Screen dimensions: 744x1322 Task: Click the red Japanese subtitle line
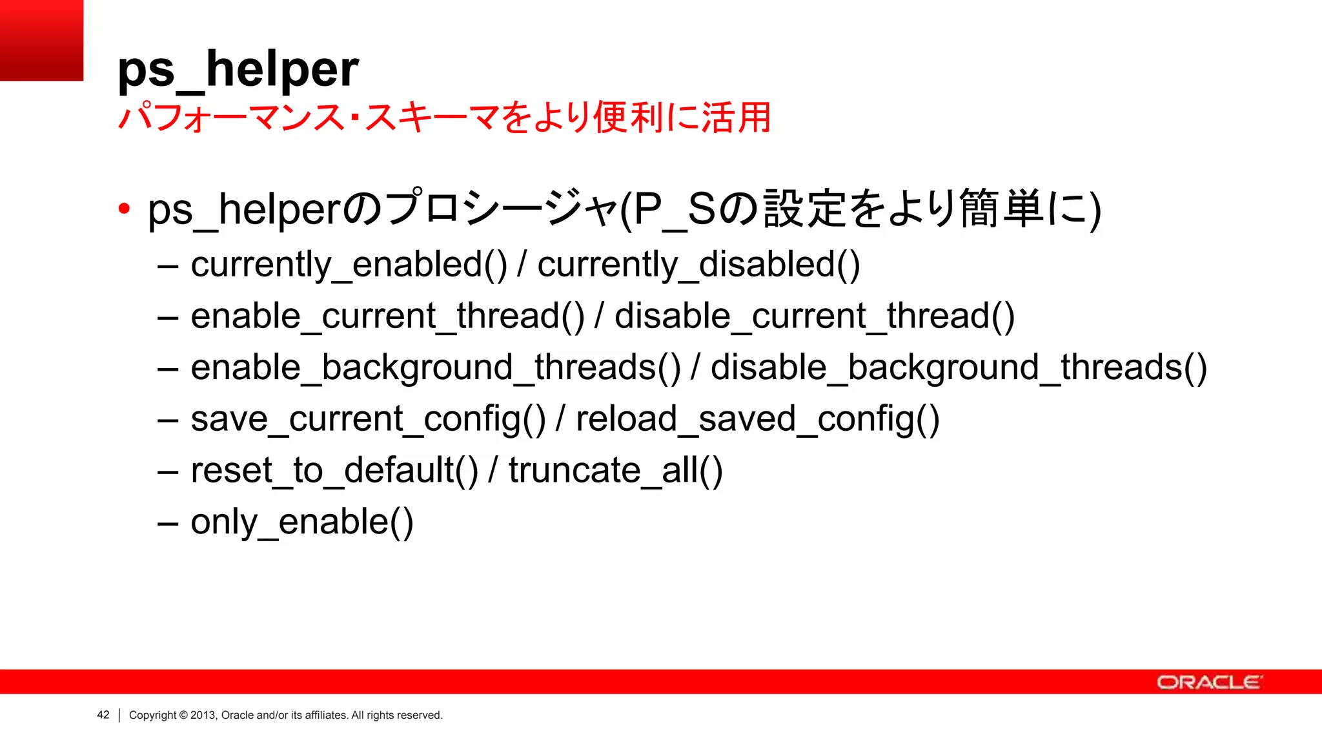[444, 118]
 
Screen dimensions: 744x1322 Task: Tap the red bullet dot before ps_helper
[124, 209]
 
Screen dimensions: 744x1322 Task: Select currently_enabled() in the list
[349, 265]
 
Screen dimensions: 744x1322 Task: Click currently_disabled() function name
[698, 265]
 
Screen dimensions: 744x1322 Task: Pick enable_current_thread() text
[387, 316]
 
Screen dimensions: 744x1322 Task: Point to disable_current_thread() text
[815, 316]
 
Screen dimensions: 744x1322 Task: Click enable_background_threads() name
[436, 367]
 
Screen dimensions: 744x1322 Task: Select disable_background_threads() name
[959, 367]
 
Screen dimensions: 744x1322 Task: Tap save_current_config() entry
[368, 419]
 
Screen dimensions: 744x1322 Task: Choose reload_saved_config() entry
[757, 419]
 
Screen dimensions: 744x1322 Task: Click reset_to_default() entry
[334, 470]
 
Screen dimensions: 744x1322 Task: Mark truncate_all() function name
[615, 470]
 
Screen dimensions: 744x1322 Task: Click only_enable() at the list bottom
[301, 522]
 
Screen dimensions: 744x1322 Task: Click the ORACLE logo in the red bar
[1208, 683]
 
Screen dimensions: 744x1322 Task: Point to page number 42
[103, 715]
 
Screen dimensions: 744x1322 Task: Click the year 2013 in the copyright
[203, 715]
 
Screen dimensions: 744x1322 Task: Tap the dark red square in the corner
[41, 40]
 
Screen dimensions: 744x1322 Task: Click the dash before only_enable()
[168, 523]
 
